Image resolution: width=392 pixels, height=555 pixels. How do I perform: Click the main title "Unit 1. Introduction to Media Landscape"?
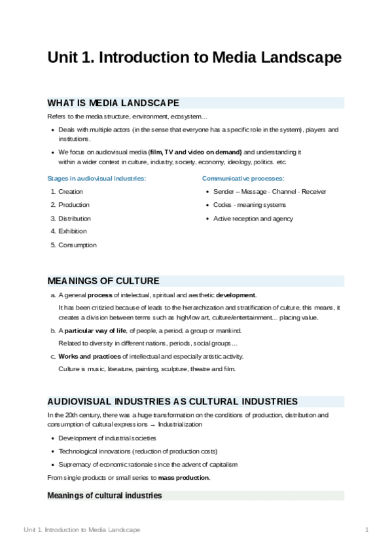click(194, 58)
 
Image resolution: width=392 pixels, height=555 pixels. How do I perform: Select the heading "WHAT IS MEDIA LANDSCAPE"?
click(113, 103)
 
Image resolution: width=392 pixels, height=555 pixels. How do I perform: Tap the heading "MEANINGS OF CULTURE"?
click(103, 281)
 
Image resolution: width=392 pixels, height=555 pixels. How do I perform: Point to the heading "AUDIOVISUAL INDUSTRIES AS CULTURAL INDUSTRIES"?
click(173, 401)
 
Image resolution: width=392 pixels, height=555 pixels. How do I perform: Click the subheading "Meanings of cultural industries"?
click(105, 495)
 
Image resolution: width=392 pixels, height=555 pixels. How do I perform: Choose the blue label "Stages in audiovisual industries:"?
click(97, 178)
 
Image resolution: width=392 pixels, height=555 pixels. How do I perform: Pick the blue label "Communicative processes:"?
click(243, 178)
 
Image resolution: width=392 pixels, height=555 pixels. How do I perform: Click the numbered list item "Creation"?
click(71, 192)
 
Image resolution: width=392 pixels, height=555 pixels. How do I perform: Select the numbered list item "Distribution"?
click(75, 219)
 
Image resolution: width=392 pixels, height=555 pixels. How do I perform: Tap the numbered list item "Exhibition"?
click(73, 231)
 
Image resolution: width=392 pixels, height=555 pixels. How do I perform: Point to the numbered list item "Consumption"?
click(77, 245)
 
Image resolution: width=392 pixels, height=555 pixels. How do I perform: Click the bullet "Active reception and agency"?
click(253, 219)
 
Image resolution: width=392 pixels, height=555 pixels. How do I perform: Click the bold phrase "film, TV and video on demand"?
click(195, 152)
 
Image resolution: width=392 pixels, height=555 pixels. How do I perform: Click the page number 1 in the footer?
click(367, 529)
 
